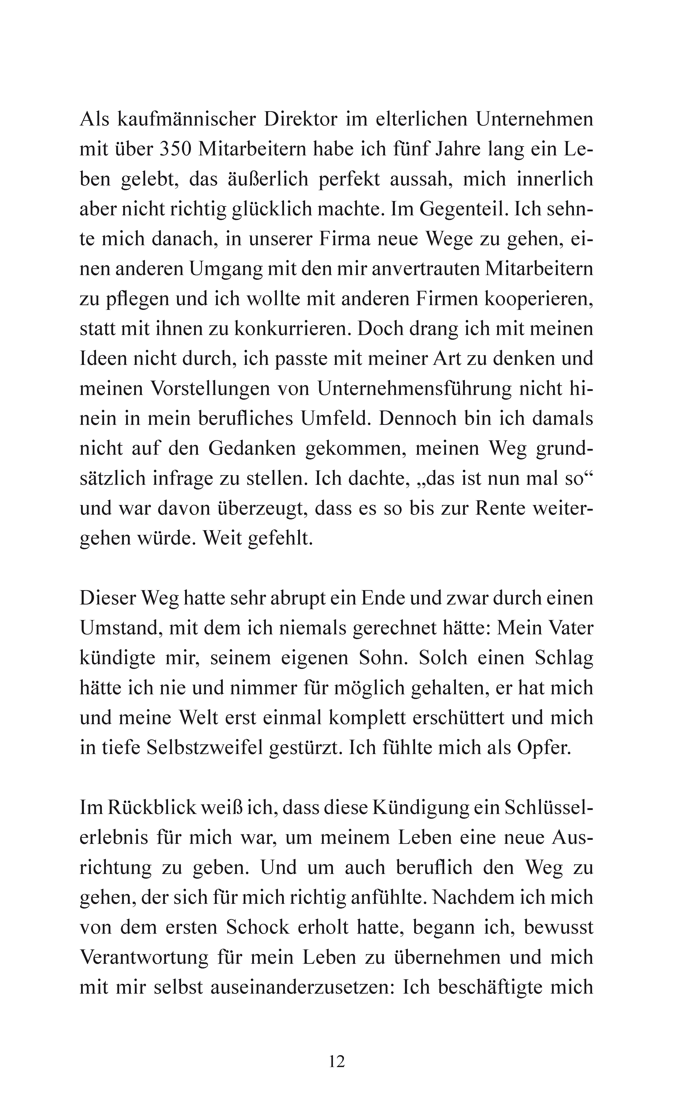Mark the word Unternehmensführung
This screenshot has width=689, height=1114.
pos(415,388)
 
